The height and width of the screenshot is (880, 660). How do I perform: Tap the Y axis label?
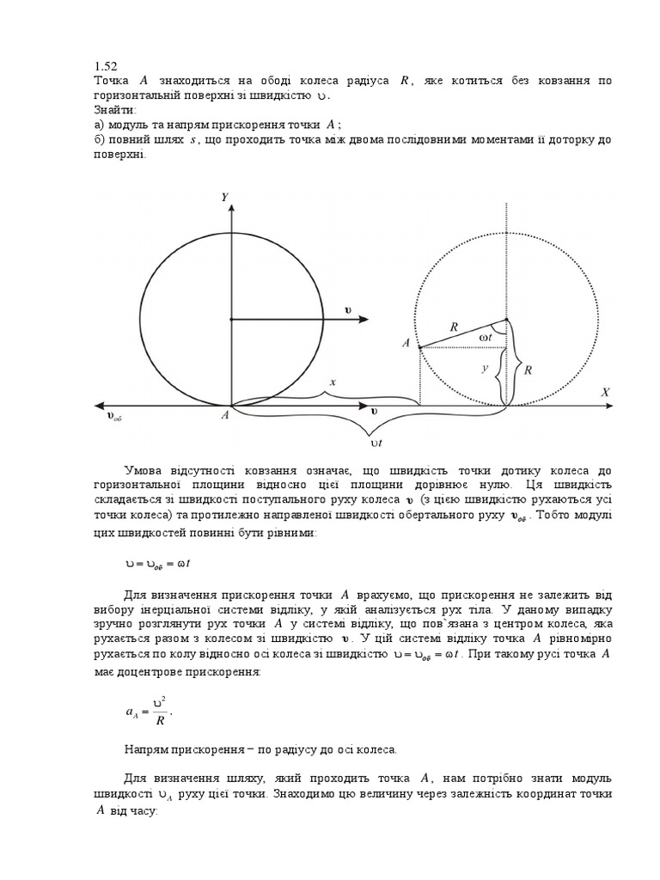[x=224, y=198]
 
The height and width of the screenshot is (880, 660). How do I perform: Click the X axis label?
[x=605, y=392]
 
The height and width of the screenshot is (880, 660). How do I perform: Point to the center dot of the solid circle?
[x=229, y=319]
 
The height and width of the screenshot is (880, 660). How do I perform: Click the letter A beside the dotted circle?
[x=405, y=343]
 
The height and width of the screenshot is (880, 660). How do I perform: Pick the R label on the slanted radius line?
[x=453, y=326]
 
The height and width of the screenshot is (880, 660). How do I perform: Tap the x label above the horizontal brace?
[x=331, y=381]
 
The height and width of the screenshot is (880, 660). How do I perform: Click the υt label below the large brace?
[x=376, y=444]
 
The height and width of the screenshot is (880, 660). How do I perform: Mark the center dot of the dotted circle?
[x=506, y=319]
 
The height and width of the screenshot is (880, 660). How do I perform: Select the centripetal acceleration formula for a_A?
[x=150, y=710]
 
